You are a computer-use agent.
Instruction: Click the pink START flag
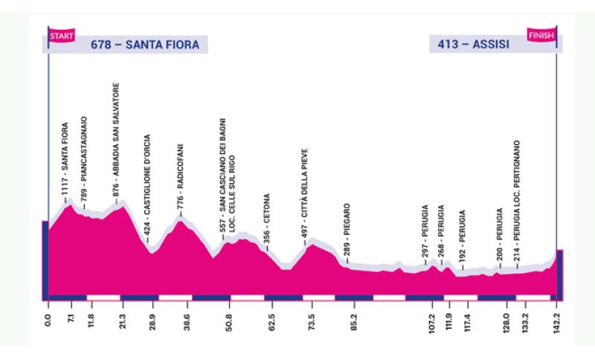tap(59, 35)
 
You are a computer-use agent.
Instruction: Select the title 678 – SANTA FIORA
tap(145, 45)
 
